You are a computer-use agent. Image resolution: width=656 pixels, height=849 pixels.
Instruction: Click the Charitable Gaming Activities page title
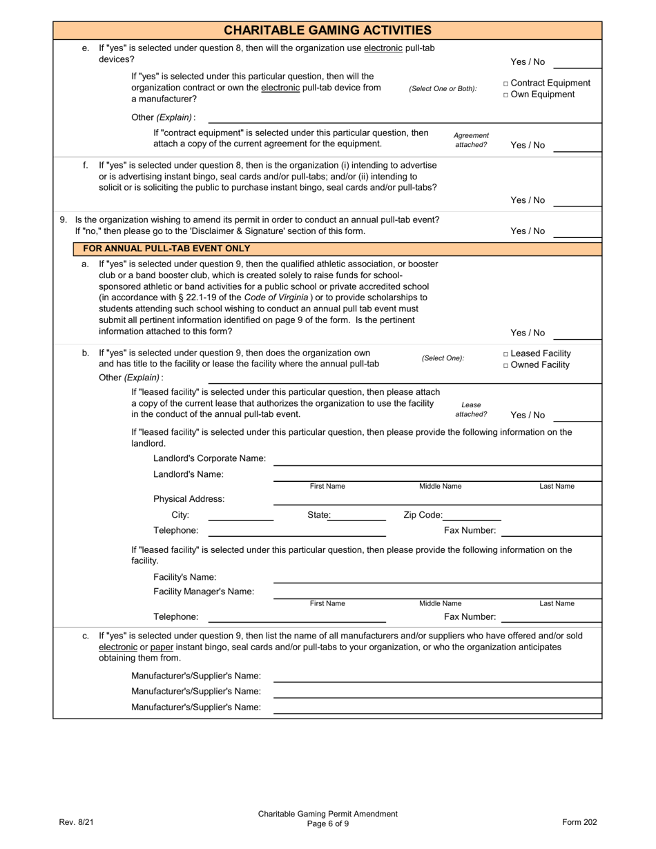tap(327, 30)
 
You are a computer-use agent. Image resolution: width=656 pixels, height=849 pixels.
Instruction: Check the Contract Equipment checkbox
tap(506, 84)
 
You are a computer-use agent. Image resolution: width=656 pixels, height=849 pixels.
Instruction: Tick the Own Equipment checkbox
tap(506, 95)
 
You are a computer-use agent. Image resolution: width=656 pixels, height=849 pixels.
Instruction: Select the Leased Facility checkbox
tap(506, 354)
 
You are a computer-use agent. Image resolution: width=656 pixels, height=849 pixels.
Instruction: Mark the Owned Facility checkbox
tap(506, 366)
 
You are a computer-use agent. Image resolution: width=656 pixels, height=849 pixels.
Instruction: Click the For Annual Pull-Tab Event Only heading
tap(166, 248)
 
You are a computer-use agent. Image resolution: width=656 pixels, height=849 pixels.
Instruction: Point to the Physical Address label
tap(189, 499)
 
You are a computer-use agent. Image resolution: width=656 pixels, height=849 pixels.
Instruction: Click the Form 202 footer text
tap(579, 822)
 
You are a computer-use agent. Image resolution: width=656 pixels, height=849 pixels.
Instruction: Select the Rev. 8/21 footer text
tap(76, 822)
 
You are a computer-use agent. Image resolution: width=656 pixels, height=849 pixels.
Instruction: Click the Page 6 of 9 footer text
tap(328, 823)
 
